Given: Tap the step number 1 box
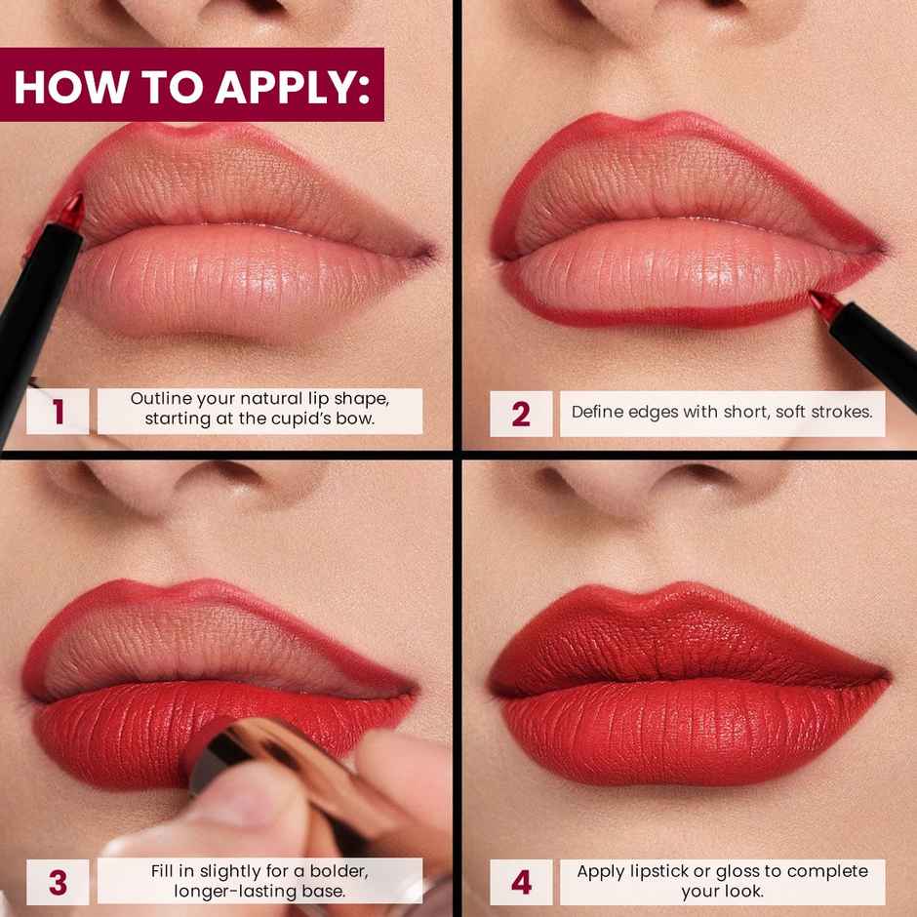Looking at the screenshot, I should (58, 412).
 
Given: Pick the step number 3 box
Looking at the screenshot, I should (58, 881).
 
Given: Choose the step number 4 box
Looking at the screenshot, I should (521, 881).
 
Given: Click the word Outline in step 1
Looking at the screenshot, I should (159, 400).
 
